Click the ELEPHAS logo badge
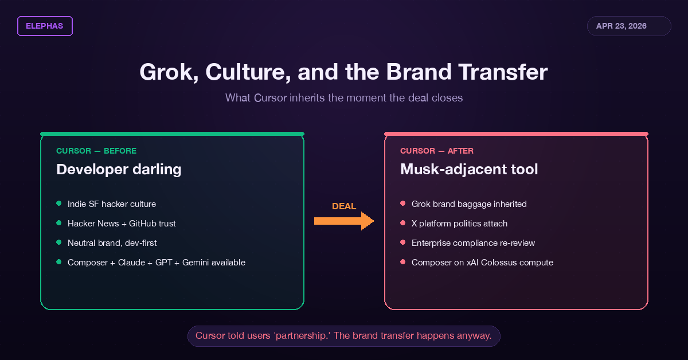coord(45,26)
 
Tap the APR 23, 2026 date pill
coord(629,26)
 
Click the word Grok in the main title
coord(169,72)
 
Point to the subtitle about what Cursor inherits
coord(344,97)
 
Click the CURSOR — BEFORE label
coord(96,151)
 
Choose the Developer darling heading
coord(119,170)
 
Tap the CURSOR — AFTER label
coord(437,151)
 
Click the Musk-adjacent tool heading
coord(469,170)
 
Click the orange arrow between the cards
coord(344,221)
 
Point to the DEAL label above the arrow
coord(344,206)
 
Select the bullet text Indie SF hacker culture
coord(112,204)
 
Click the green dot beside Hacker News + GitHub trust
coord(59,223)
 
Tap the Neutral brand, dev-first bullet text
coord(112,243)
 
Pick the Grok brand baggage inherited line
coord(469,204)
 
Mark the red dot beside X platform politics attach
coord(403,223)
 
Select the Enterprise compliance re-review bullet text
coord(474,243)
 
